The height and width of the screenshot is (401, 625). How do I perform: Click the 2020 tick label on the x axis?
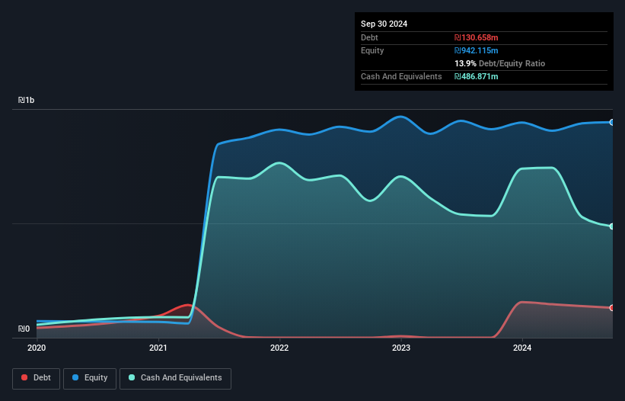37,348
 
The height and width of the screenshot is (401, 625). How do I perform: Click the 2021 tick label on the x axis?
158,348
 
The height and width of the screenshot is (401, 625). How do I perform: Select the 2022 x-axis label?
279,348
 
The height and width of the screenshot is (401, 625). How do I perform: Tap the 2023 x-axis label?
401,348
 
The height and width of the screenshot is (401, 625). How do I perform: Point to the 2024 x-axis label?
522,348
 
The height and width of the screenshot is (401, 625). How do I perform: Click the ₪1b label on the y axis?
27,101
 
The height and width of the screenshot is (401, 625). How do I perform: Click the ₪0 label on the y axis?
24,329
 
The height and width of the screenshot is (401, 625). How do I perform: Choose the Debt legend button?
35,378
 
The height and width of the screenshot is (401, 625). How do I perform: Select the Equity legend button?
90,378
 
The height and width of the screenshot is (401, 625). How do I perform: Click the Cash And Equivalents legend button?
175,378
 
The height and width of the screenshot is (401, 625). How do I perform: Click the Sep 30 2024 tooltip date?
384,24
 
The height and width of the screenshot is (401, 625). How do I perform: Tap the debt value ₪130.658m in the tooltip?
477,37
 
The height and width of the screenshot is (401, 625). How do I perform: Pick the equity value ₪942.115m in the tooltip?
477,50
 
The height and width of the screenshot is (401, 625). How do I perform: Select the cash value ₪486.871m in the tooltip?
477,76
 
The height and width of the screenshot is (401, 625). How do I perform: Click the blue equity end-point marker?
611,122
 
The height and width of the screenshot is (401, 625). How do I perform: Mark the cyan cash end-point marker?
611,226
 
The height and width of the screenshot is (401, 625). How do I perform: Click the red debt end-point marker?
611,308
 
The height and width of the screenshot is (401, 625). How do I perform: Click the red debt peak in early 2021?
187,305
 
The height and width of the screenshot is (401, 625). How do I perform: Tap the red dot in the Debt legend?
25,378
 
